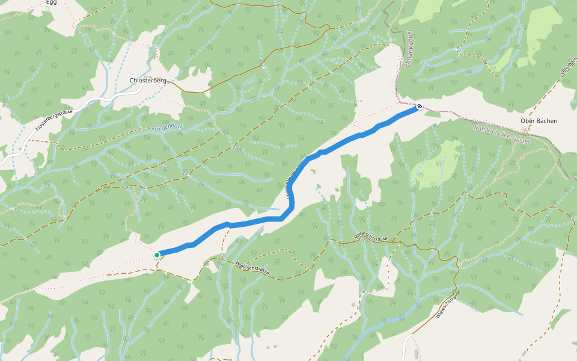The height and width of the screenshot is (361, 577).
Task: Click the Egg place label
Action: point(51,2)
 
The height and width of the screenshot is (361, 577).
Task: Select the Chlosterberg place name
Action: point(148,80)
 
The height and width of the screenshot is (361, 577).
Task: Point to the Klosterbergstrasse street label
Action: point(54,120)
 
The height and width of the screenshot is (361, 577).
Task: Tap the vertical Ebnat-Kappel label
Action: point(407,48)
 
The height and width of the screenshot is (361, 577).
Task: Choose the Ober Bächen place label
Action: point(539,121)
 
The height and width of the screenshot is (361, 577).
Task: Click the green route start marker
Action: point(157,255)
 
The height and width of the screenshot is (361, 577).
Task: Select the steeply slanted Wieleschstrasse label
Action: point(448,304)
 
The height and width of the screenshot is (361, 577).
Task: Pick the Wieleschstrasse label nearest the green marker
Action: point(252,268)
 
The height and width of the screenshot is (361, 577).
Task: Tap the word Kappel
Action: point(408,40)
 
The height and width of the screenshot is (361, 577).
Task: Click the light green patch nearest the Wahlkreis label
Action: point(445,162)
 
